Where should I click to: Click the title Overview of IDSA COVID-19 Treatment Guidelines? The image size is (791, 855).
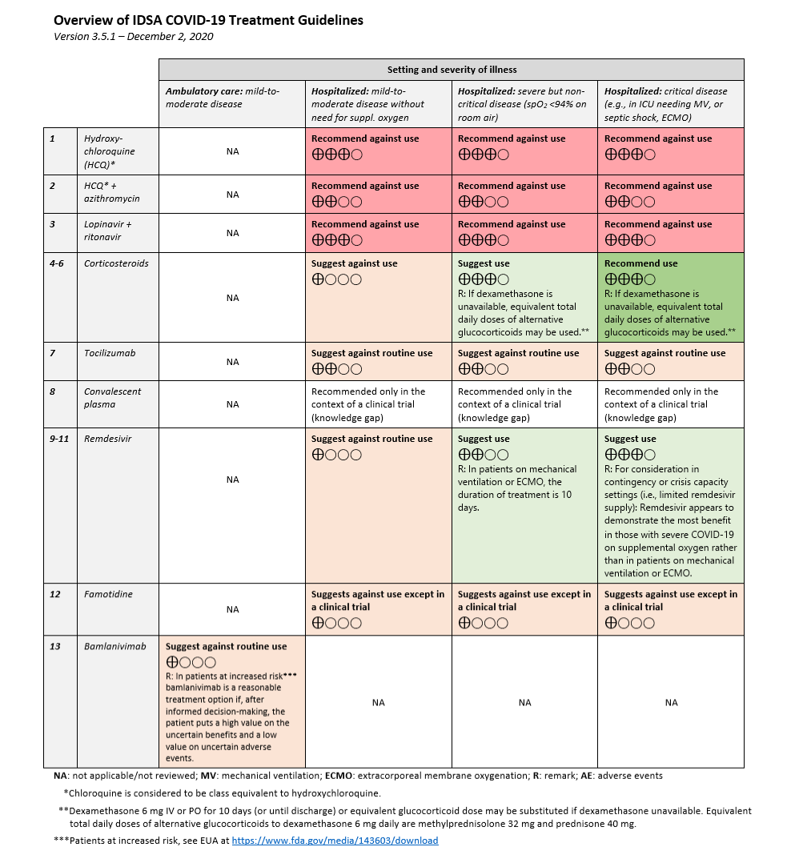208,20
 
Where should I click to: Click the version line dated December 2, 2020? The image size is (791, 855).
133,37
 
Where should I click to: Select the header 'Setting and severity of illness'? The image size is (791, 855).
452,70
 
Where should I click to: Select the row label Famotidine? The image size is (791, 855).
109,594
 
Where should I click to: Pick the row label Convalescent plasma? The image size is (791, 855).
112,398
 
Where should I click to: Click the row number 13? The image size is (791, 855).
55,646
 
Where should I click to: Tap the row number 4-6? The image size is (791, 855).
57,263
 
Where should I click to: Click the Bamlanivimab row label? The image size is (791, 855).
115,646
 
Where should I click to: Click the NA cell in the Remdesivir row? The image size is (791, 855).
232,480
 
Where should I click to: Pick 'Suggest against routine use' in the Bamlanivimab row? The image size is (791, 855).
226,646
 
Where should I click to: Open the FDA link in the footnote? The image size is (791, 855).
335,841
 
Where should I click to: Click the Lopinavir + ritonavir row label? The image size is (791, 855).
108,231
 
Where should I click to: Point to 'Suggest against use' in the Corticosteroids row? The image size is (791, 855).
354,263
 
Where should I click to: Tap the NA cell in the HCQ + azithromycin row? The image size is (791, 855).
232,195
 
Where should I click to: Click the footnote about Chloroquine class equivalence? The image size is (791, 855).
222,793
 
